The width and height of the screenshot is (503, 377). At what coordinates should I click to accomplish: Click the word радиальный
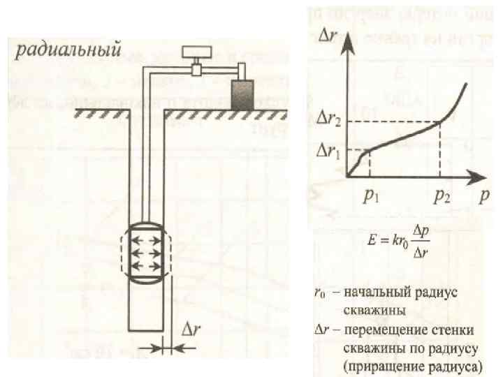68,50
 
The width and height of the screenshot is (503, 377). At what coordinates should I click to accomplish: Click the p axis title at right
483,198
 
